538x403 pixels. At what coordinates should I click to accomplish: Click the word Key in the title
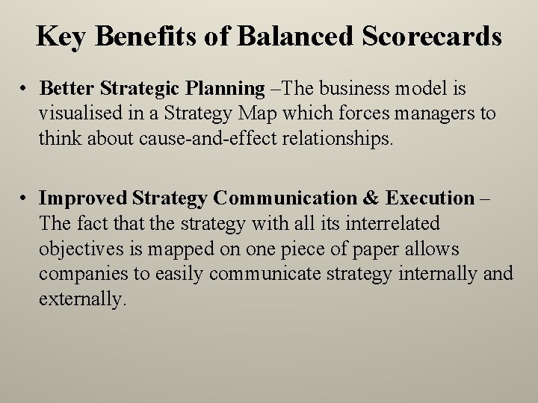[x=61, y=36]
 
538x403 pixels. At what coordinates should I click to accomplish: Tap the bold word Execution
[x=431, y=199]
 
